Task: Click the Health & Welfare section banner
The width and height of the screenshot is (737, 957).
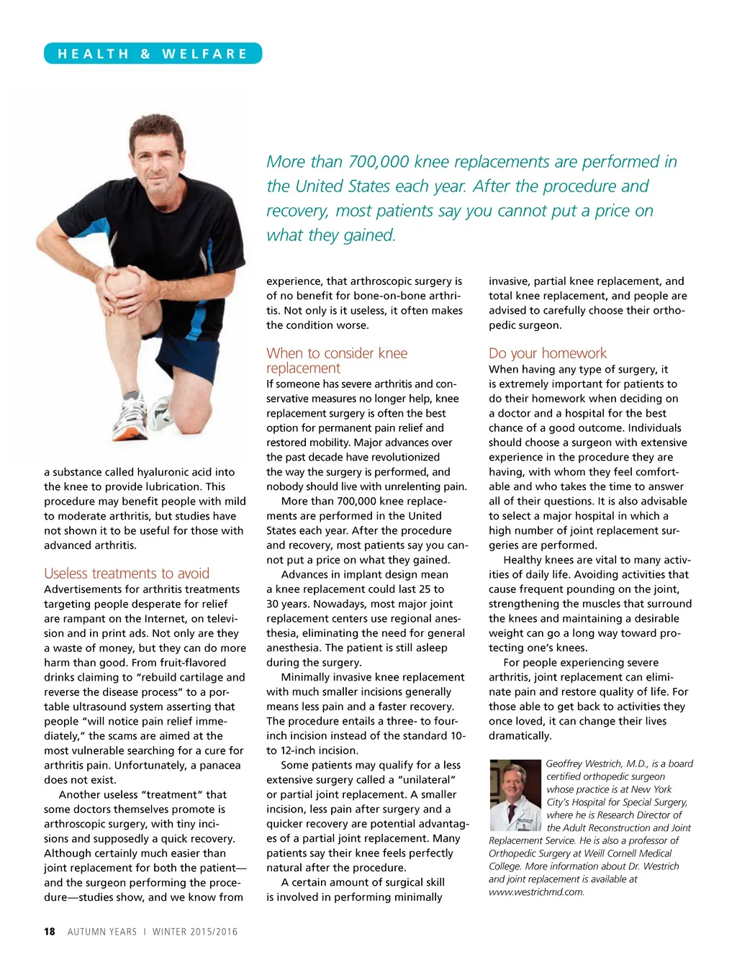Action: [153, 54]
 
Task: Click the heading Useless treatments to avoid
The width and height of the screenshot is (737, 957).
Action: [127, 573]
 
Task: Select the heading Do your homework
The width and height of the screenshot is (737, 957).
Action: [547, 353]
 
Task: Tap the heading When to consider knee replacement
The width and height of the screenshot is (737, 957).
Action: [336, 360]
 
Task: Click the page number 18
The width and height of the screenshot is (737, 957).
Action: [49, 931]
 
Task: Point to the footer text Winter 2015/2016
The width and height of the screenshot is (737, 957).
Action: [194, 932]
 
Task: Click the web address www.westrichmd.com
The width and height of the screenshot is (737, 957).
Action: [536, 892]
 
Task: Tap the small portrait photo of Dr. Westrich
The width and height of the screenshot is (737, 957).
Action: [515, 794]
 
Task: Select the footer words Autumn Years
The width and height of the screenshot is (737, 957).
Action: [102, 932]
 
